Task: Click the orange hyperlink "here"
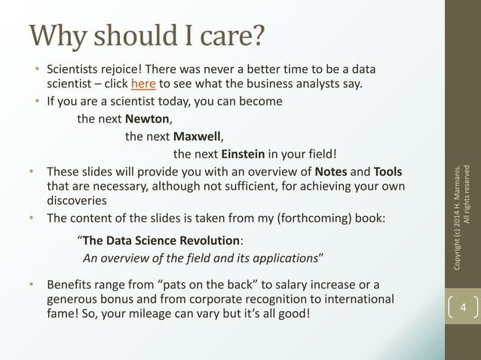[143, 83]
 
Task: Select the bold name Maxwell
[198, 136]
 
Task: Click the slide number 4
[463, 307]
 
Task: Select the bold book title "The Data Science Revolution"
[160, 239]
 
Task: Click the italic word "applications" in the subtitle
[277, 258]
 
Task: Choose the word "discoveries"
[75, 200]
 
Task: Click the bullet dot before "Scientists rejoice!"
[36, 70]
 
